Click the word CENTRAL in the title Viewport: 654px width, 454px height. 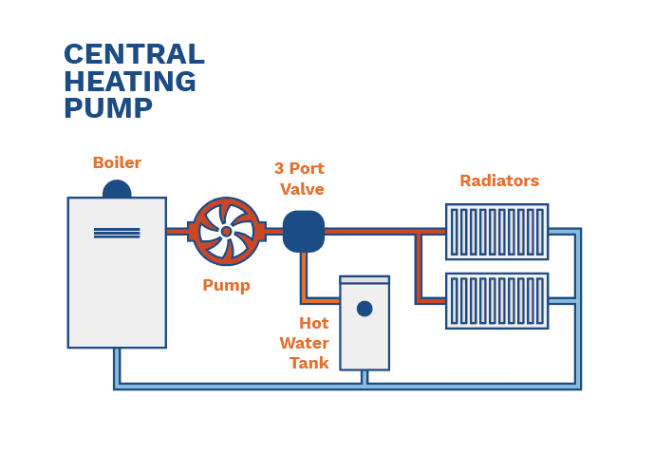(x=133, y=55)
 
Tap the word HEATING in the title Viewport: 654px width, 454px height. (x=130, y=82)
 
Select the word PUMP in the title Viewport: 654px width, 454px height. (x=107, y=108)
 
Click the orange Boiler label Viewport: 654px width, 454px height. (x=117, y=162)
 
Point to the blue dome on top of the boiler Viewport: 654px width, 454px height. (x=117, y=190)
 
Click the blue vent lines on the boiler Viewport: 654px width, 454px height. (x=117, y=233)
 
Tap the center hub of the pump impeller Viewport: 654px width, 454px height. (x=226, y=231)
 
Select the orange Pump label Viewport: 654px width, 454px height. (x=226, y=285)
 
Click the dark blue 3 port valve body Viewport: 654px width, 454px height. (x=304, y=231)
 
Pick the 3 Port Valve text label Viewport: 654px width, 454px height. (x=299, y=179)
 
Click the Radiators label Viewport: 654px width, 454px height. (x=499, y=180)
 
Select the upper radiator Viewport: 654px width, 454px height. (x=496, y=232)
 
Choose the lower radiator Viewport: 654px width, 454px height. (x=496, y=301)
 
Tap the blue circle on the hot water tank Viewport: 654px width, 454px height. (x=364, y=309)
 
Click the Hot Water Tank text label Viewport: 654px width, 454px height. (x=305, y=343)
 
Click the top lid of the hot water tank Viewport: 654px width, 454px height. (x=364, y=279)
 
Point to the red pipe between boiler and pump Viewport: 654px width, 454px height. (x=178, y=231)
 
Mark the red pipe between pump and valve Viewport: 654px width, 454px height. (x=273, y=231)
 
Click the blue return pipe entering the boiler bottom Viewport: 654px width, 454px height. (x=117, y=366)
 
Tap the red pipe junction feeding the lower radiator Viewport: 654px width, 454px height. (x=419, y=300)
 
